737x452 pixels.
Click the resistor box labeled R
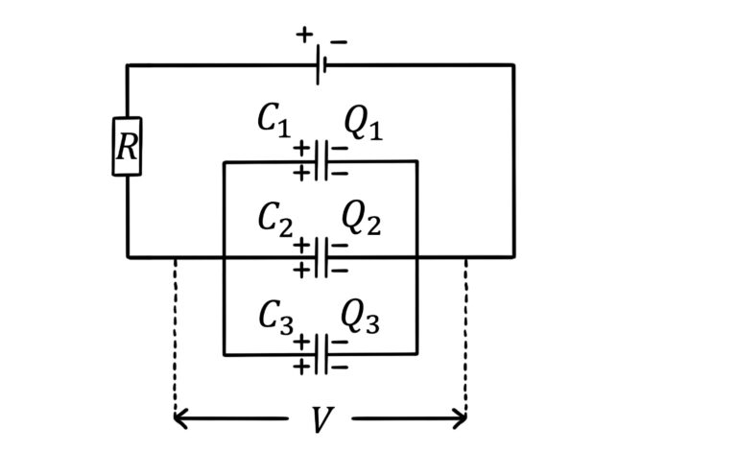click(x=127, y=147)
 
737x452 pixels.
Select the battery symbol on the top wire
click(x=321, y=65)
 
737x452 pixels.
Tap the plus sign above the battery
click(x=304, y=36)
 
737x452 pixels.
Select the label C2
click(x=273, y=218)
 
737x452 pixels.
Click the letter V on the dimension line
click(x=321, y=420)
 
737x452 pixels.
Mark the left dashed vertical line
click(x=176, y=336)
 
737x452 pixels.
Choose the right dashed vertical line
click(x=465, y=336)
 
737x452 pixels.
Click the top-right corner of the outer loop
click(x=513, y=65)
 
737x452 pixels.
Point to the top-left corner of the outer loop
click(x=128, y=65)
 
